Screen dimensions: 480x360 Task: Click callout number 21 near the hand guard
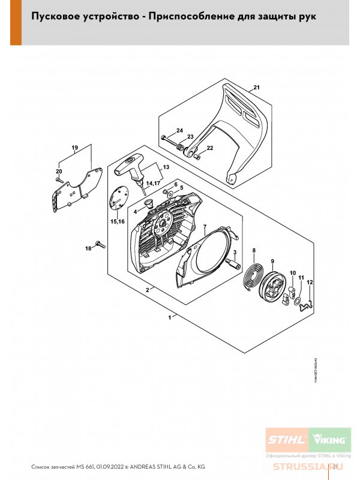[256, 88]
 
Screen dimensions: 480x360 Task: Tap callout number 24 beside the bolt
[179, 131]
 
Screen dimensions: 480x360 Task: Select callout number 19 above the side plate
[75, 148]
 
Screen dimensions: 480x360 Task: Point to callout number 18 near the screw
[88, 248]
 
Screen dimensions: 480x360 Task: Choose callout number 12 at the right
[310, 282]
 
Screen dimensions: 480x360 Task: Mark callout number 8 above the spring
[253, 250]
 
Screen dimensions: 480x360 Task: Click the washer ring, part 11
[298, 299]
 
